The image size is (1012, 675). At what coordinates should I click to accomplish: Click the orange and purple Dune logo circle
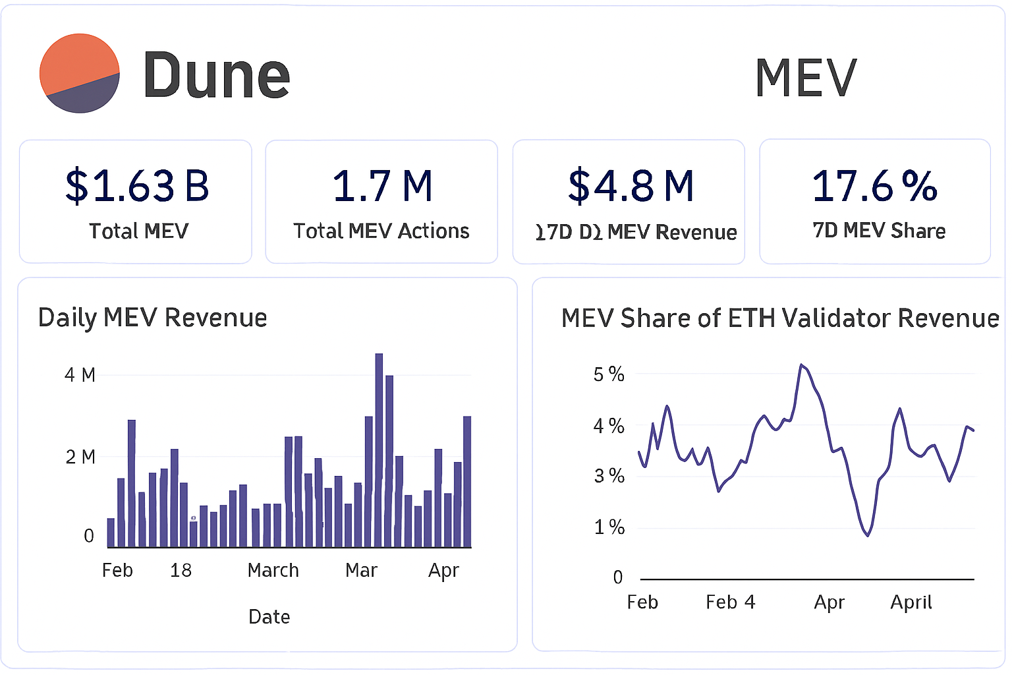[80, 73]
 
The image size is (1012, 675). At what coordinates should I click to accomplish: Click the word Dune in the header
[216, 76]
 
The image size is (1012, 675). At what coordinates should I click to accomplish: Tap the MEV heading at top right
[805, 78]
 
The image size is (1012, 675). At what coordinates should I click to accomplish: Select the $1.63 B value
[137, 186]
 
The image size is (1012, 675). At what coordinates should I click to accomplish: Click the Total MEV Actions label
[381, 231]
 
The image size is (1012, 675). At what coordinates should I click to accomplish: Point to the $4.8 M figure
[631, 186]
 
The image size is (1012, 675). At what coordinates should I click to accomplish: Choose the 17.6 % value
[874, 186]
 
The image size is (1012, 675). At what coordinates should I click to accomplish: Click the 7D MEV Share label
[879, 231]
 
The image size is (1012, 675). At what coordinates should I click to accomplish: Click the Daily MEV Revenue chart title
[152, 318]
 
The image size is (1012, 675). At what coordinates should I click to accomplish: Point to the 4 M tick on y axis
[80, 375]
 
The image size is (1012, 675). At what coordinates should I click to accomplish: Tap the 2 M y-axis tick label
[80, 457]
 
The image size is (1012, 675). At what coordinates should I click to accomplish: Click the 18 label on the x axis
[181, 570]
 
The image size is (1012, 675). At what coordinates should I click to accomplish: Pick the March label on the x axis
[273, 570]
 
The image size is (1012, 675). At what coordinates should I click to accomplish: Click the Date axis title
[269, 617]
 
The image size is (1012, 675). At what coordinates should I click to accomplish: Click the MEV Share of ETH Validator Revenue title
[780, 318]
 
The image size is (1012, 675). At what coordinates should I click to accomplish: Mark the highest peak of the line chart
[801, 365]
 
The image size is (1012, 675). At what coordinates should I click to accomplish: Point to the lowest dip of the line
[868, 535]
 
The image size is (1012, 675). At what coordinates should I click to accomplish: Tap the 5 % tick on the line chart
[608, 374]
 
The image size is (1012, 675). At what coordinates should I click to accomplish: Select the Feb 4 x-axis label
[730, 602]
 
